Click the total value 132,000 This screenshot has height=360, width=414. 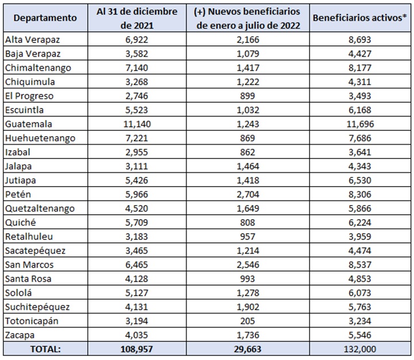(x=358, y=349)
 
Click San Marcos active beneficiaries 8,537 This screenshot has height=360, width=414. (x=358, y=264)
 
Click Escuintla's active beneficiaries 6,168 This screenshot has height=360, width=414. (x=358, y=110)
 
